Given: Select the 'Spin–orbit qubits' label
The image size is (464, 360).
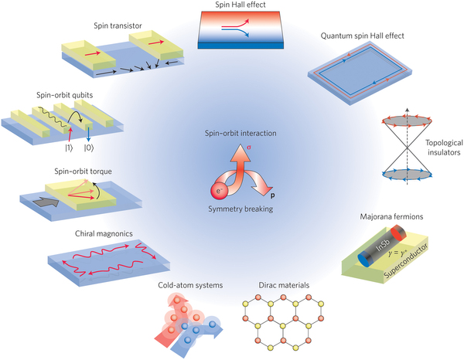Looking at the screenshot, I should (59, 94).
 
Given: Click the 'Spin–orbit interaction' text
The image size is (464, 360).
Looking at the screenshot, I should (231, 133).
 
